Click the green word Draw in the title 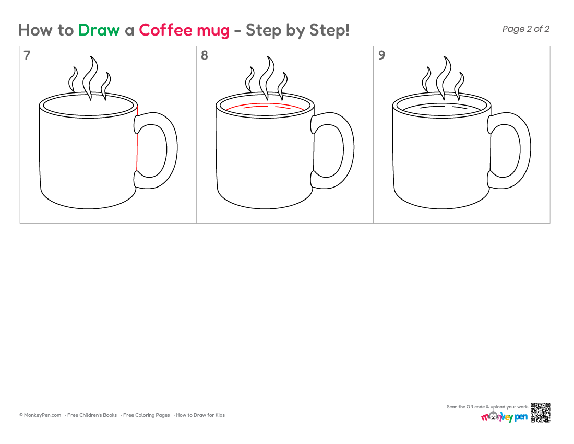click(x=99, y=30)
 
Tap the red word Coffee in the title click(x=166, y=30)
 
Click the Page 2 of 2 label click(x=525, y=29)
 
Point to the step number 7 click(x=27, y=55)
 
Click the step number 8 click(x=204, y=55)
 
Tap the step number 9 click(x=381, y=55)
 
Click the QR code click(x=541, y=413)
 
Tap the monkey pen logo click(x=505, y=416)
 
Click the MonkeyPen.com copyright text click(x=40, y=415)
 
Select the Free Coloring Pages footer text click(x=146, y=415)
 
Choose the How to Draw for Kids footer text click(x=200, y=415)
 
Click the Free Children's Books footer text click(x=92, y=415)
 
